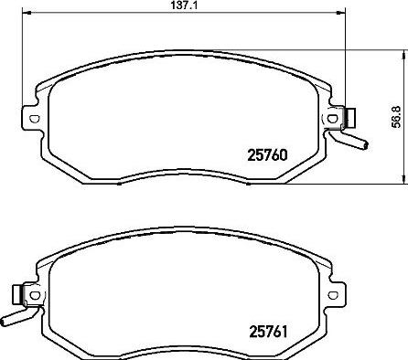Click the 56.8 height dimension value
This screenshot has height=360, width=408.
[x=396, y=120]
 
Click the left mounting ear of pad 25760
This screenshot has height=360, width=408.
[x=31, y=118]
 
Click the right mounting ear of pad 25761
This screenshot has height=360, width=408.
[x=338, y=293]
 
